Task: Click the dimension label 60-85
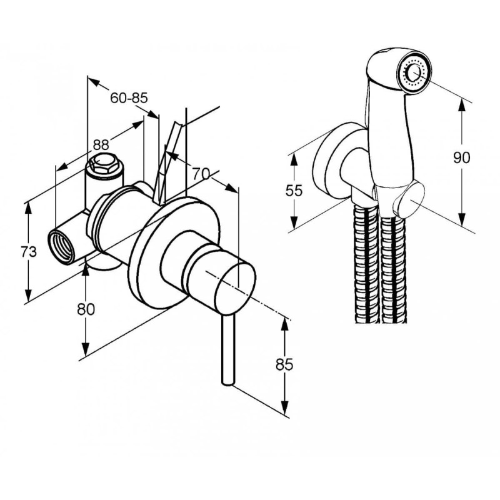click(x=128, y=97)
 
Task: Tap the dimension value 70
click(x=201, y=175)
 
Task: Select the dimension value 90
click(x=461, y=157)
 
